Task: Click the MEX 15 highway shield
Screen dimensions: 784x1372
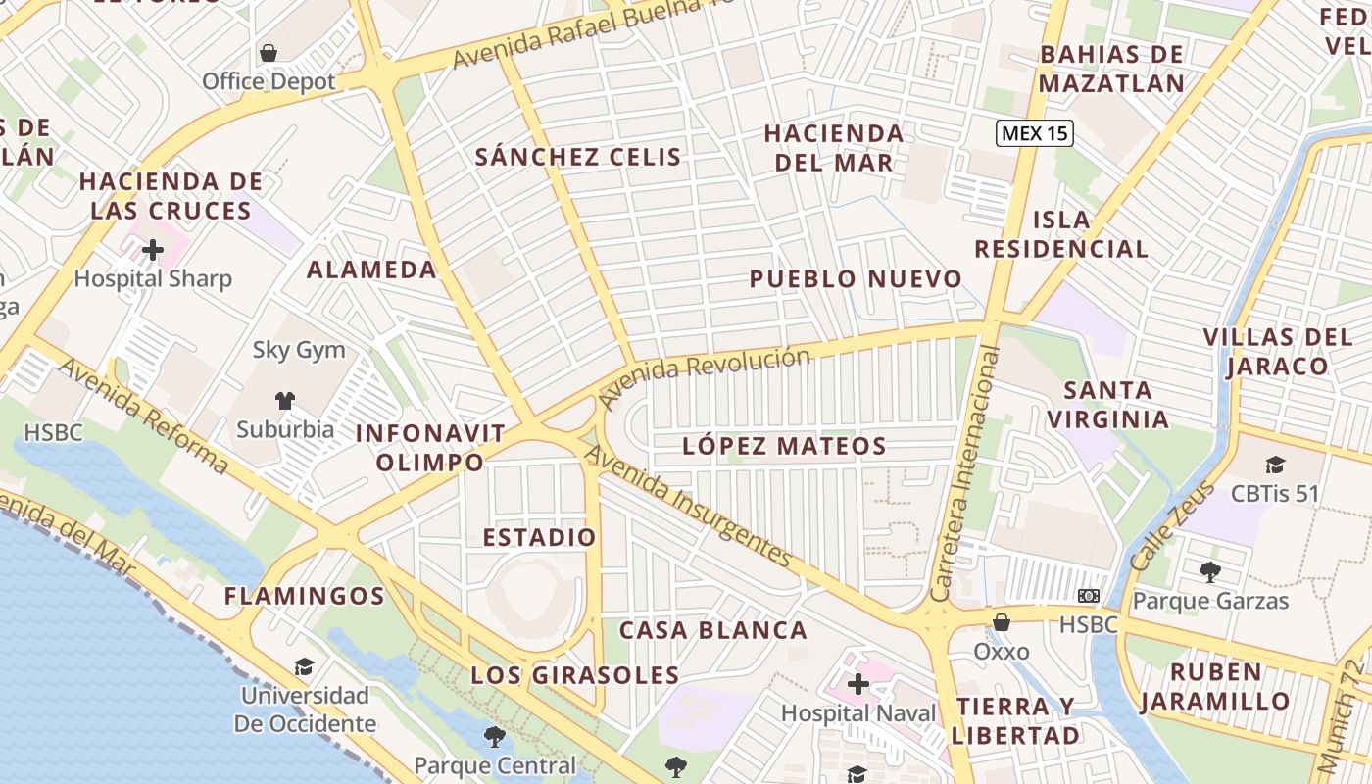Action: tap(1035, 133)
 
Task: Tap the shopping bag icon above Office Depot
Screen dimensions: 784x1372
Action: tap(269, 53)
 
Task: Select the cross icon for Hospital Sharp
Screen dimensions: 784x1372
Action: tap(153, 250)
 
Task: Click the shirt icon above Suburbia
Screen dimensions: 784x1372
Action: tap(284, 400)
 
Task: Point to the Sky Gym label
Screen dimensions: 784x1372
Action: tap(299, 350)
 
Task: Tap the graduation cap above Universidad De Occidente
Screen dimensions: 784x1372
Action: tap(305, 667)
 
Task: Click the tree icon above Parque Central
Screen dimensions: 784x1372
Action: tap(495, 736)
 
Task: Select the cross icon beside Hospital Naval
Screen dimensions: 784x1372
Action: tap(858, 684)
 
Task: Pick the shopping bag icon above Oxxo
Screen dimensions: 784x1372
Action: tap(1002, 622)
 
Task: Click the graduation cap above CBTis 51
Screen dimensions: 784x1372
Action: tap(1275, 465)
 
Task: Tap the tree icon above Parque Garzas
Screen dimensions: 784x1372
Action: tap(1210, 571)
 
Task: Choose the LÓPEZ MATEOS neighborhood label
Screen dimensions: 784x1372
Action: tap(784, 447)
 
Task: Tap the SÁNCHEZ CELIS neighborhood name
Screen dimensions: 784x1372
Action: tap(577, 157)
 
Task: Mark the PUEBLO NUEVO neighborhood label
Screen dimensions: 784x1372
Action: tap(856, 279)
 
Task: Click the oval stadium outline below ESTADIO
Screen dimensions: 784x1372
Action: tap(538, 594)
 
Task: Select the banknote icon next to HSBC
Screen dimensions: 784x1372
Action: tap(1088, 596)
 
